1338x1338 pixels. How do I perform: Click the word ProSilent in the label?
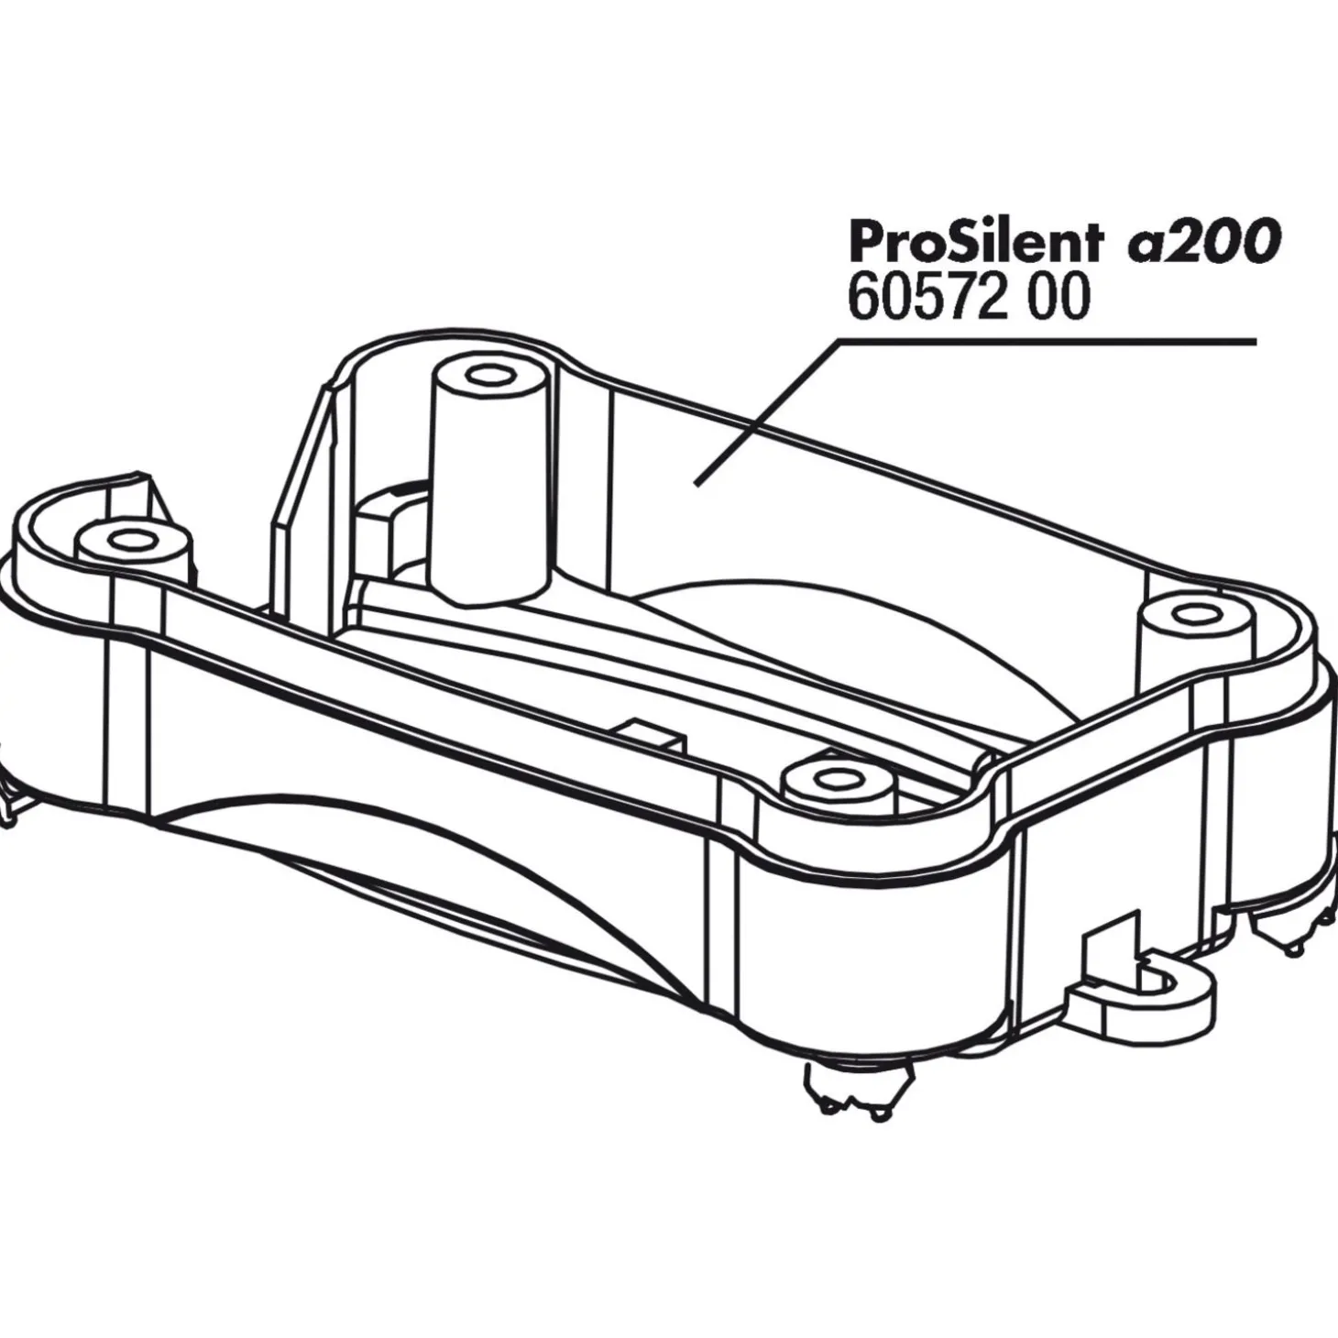(976, 243)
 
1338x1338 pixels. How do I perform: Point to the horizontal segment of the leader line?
(1047, 342)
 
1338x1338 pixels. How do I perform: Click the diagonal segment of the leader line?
(767, 411)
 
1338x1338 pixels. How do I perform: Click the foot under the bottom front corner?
(842, 1100)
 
